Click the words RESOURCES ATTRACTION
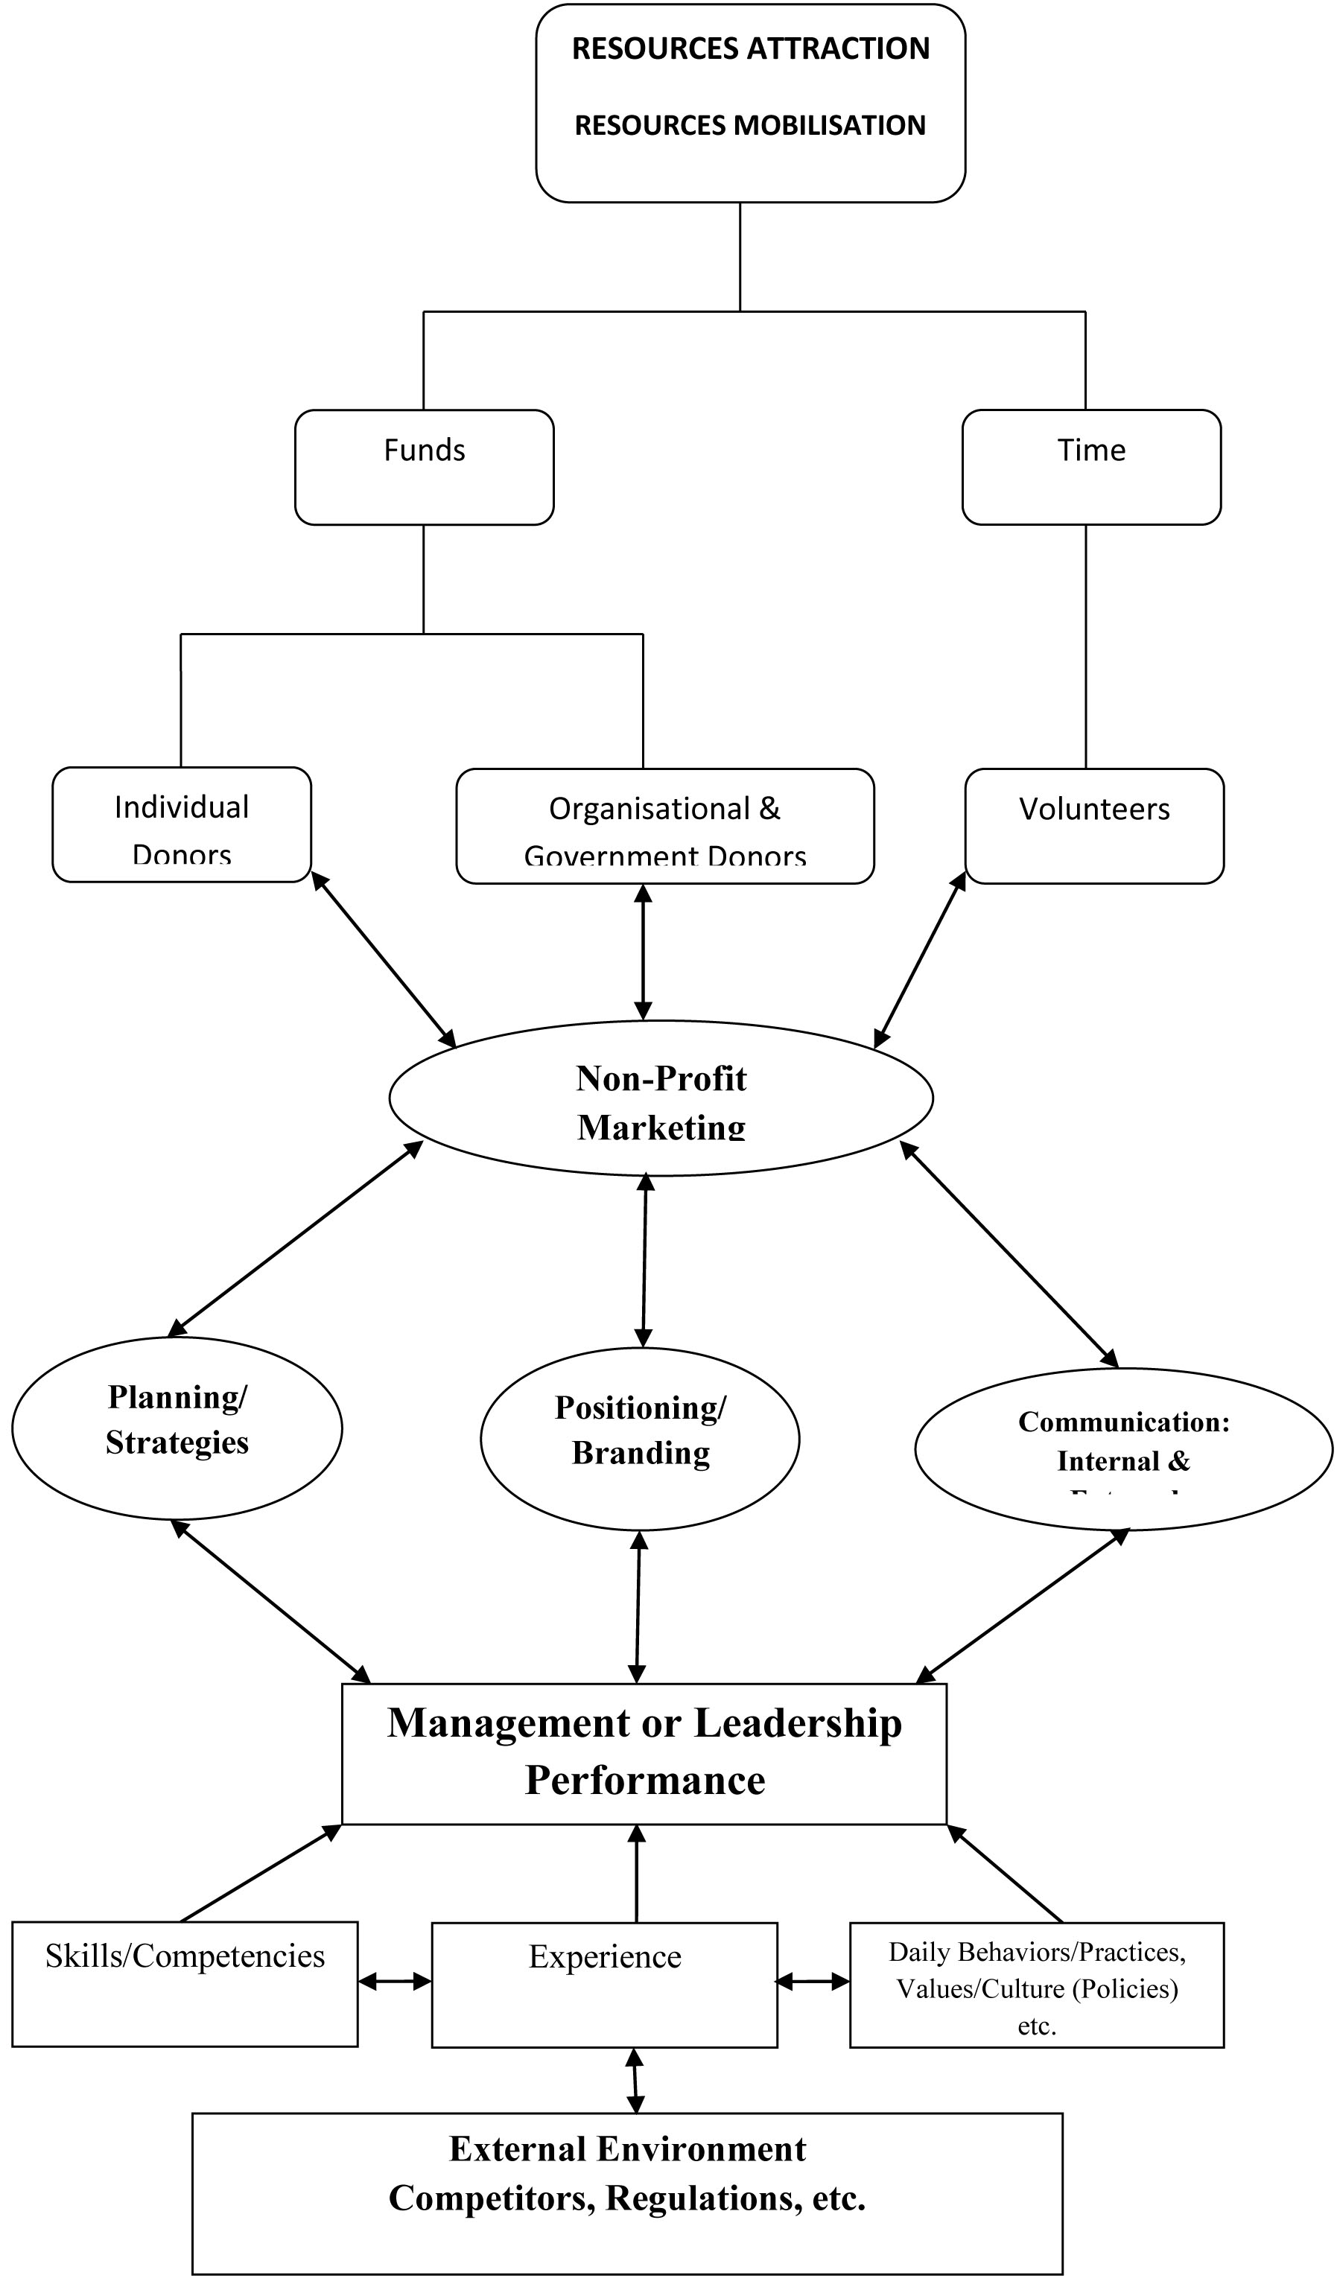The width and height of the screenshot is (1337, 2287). pyautogui.click(x=750, y=49)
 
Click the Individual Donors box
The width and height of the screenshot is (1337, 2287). pyautogui.click(x=182, y=824)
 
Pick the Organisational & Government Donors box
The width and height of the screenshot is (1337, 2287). pyautogui.click(x=664, y=826)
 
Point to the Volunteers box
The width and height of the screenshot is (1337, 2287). pyautogui.click(x=1093, y=826)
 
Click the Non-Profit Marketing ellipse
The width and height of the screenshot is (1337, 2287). pyautogui.click(x=661, y=1098)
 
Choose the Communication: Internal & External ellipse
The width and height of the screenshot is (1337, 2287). pyautogui.click(x=1122, y=1449)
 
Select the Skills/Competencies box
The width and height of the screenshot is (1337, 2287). pyautogui.click(x=185, y=1984)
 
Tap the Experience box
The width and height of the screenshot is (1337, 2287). pyautogui.click(x=605, y=1985)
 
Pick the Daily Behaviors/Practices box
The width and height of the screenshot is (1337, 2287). pyautogui.click(x=1037, y=1985)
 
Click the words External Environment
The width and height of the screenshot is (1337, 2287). pyautogui.click(x=627, y=2149)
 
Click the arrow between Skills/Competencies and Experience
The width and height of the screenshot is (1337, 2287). pyautogui.click(x=395, y=1981)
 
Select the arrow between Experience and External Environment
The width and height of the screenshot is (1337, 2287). pyautogui.click(x=635, y=2080)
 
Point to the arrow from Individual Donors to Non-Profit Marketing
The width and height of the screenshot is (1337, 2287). pyautogui.click(x=384, y=960)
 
